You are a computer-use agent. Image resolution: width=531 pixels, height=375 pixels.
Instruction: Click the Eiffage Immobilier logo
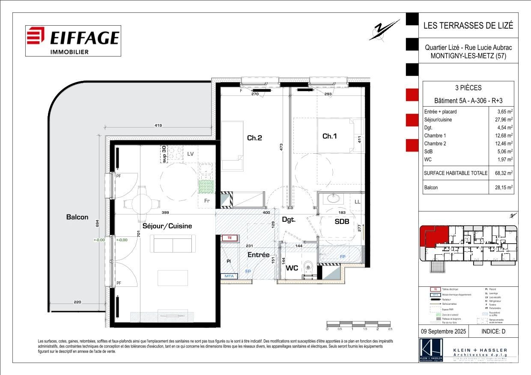[x=73, y=41]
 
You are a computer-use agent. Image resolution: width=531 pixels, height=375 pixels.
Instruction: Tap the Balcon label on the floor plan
[x=77, y=217]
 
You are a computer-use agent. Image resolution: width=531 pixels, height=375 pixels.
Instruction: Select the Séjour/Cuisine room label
[x=167, y=226]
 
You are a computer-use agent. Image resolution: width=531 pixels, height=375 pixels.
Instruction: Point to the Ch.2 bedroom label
[x=254, y=138]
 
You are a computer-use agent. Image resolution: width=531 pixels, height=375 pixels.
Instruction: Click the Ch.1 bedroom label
[x=330, y=136]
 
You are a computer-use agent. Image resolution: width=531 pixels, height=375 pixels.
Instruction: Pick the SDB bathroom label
[x=342, y=222]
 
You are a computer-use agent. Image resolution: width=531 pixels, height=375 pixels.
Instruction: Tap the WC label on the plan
[x=292, y=268]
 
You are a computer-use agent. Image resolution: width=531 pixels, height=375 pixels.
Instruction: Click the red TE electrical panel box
[x=230, y=238]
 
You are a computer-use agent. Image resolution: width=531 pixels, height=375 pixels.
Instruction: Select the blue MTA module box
[x=230, y=277]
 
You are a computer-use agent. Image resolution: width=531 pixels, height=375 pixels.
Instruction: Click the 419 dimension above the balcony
[x=158, y=126]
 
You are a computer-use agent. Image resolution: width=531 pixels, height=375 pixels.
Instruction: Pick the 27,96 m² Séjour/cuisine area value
[x=504, y=119]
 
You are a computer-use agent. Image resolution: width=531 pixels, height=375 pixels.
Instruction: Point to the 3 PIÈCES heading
[x=468, y=88]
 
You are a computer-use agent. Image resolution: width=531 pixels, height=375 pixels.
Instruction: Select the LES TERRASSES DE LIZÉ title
[x=468, y=25]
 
